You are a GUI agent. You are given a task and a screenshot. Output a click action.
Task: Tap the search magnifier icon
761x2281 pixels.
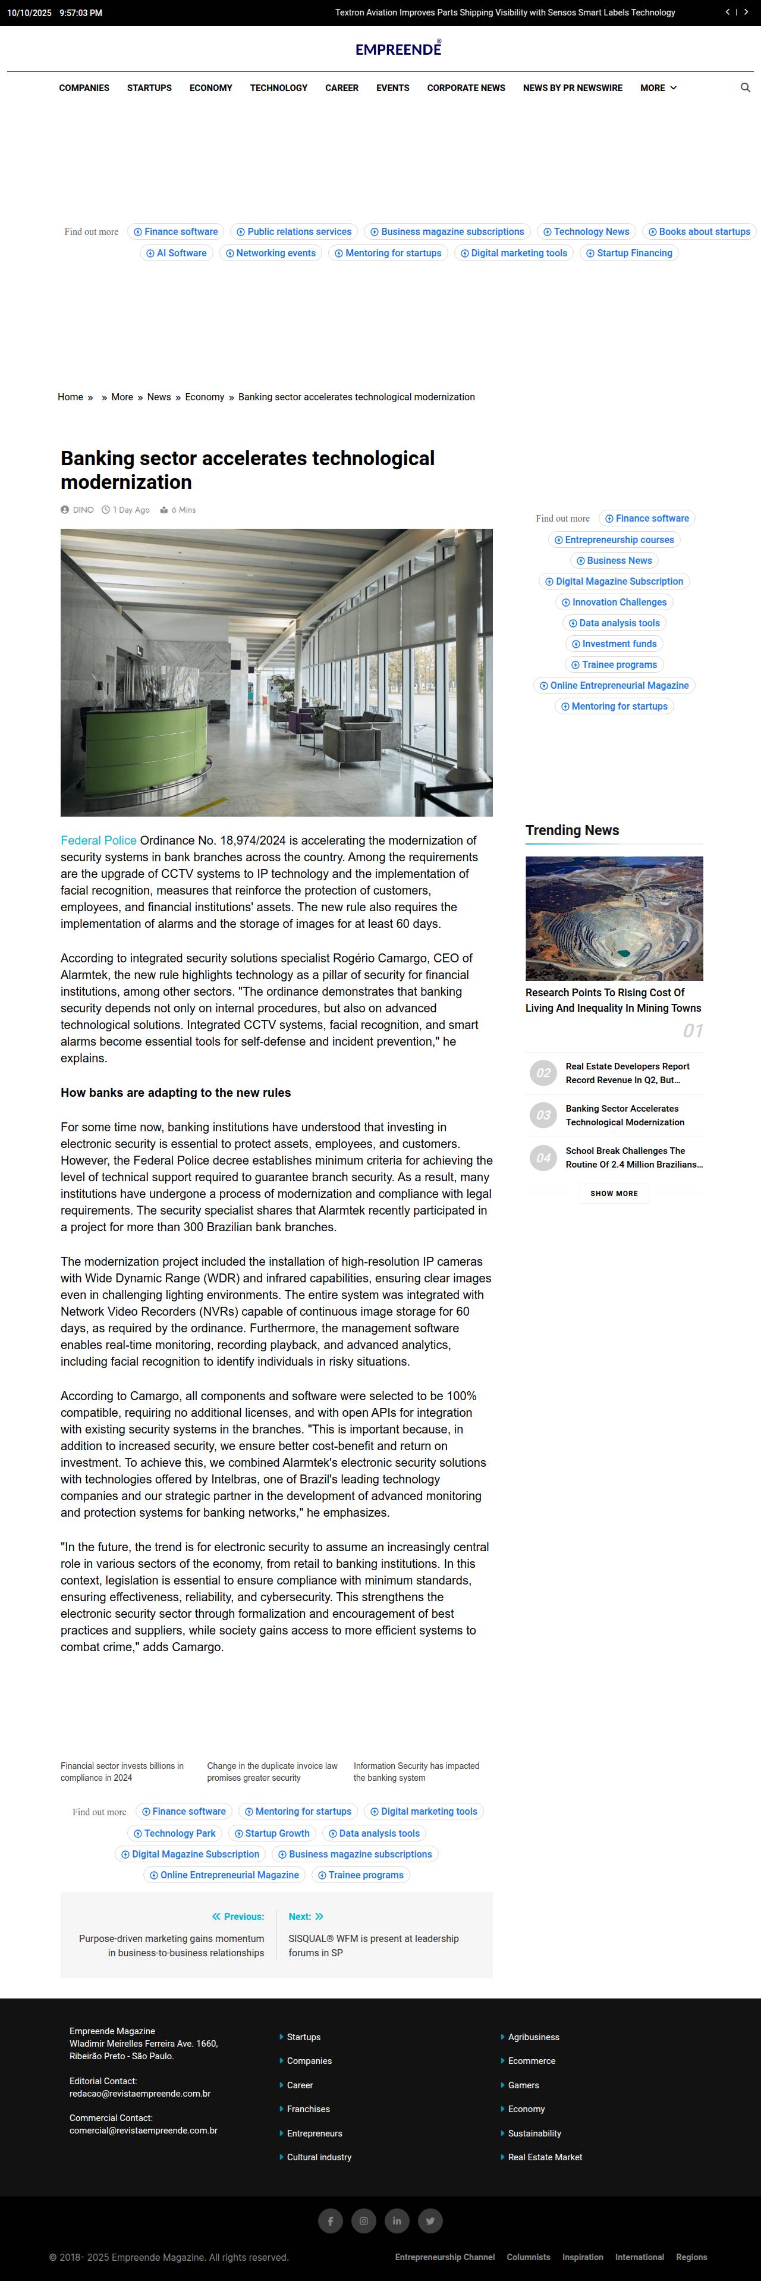[x=745, y=87]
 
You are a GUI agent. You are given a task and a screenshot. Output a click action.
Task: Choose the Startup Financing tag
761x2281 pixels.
[x=628, y=253]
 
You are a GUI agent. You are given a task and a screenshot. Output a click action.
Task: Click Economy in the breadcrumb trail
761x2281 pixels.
[x=205, y=397]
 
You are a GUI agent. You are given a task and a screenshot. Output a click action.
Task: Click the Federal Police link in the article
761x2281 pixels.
[x=98, y=840]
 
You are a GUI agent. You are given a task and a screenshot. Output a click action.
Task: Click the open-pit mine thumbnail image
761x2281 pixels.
[x=614, y=918]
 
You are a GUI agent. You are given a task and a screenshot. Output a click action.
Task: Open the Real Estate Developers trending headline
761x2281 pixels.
[x=627, y=1073]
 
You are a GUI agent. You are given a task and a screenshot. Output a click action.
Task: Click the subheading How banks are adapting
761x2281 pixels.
[x=175, y=1093]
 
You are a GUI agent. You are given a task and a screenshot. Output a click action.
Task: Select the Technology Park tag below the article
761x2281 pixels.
[x=174, y=1833]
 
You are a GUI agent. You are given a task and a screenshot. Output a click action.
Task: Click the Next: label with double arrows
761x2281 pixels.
[x=305, y=1917]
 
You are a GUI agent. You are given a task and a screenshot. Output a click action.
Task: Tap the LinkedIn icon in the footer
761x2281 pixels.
[x=397, y=2221]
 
